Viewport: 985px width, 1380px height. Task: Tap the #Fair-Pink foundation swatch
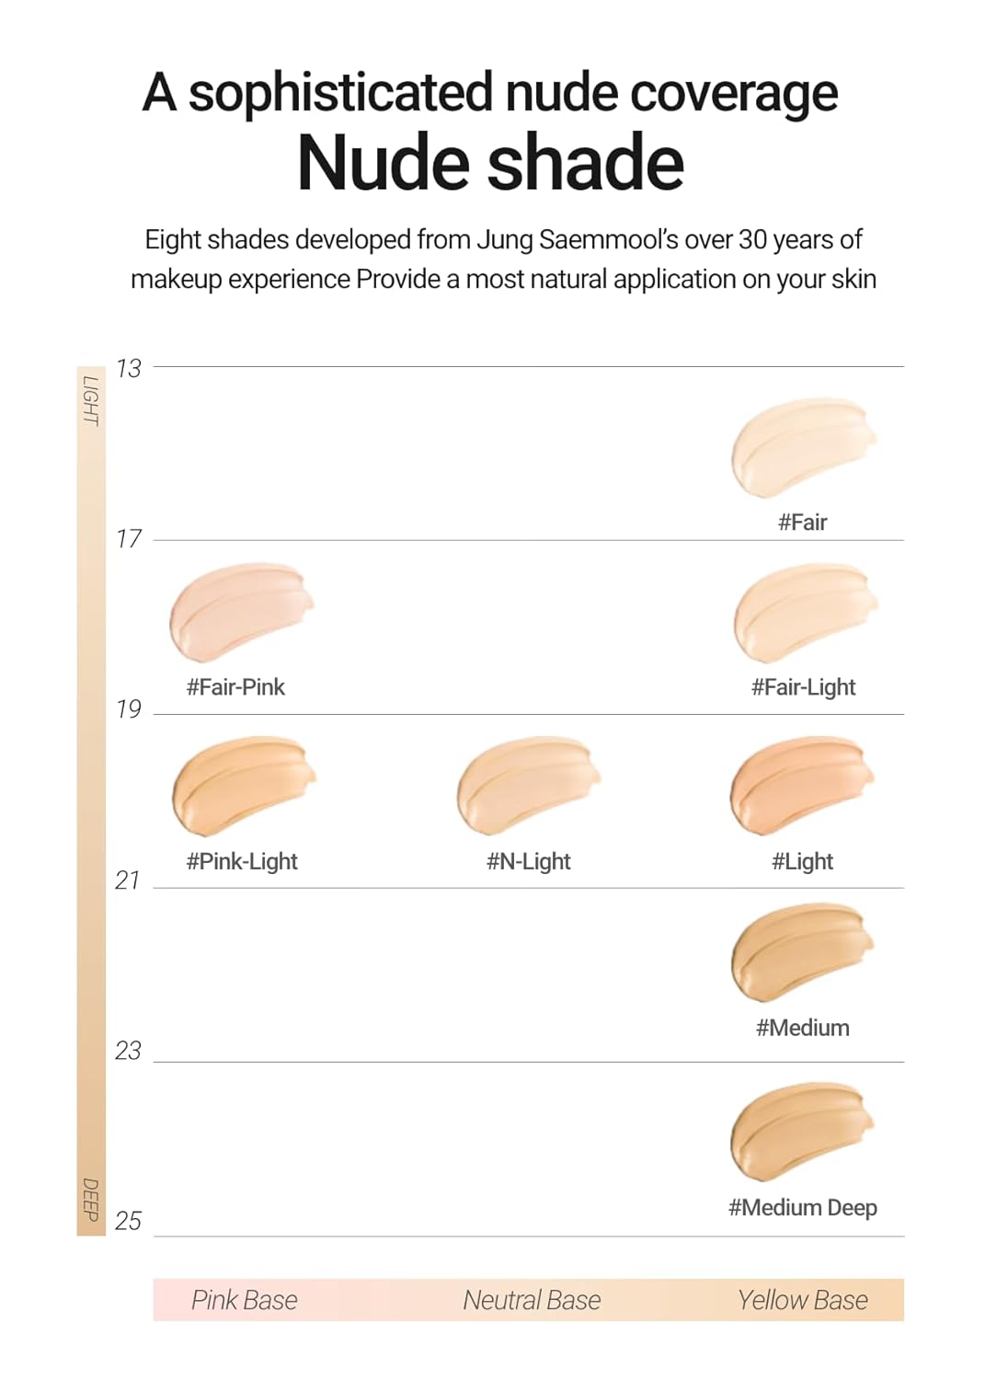click(x=240, y=611)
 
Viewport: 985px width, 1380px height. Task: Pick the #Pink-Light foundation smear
click(x=243, y=784)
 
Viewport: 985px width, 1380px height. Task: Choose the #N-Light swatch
click(x=527, y=784)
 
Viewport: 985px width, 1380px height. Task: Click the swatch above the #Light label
click(x=800, y=784)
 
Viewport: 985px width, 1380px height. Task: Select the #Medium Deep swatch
click(x=800, y=1131)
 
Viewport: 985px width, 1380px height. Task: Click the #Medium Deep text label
click(x=802, y=1207)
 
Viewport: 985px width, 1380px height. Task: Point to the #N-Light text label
click(x=528, y=861)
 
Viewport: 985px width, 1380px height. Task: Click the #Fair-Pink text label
click(x=235, y=686)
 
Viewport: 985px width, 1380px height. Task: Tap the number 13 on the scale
click(x=129, y=368)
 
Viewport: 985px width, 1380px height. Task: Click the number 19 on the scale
click(x=129, y=708)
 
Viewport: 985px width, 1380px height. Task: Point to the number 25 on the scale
click(x=129, y=1221)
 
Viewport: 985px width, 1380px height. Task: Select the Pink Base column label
click(x=244, y=1300)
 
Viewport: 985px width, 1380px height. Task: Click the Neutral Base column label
click(x=532, y=1300)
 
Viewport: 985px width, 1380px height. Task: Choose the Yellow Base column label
click(x=802, y=1300)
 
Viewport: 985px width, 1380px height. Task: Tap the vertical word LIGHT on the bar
click(x=90, y=400)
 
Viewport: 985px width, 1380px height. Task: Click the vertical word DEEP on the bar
click(x=90, y=1199)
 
